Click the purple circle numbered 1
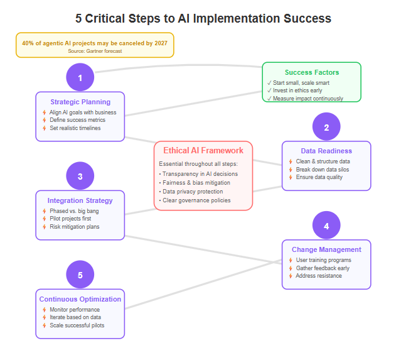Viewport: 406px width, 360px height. (80, 78)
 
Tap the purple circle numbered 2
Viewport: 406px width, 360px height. (326, 128)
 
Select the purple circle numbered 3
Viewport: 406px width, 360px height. (80, 177)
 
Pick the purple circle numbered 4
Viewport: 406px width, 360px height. (326, 226)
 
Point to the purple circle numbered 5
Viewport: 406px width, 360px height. (80, 275)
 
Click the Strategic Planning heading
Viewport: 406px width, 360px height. (80, 102)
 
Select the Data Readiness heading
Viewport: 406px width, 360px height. (326, 151)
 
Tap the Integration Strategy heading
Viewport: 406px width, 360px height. (80, 200)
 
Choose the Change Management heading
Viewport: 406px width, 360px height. (326, 249)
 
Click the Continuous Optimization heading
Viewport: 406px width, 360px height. (80, 299)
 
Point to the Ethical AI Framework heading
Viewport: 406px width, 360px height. (203, 150)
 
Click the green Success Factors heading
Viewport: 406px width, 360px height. (311, 73)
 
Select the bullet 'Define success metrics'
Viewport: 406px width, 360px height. (78, 120)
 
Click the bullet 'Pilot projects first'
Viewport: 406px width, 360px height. (74, 219)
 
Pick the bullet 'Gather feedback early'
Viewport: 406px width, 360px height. (323, 268)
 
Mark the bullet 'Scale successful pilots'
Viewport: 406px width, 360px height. (77, 325)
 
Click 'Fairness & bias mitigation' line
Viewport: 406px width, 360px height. (196, 182)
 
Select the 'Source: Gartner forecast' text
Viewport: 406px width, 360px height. (95, 51)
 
